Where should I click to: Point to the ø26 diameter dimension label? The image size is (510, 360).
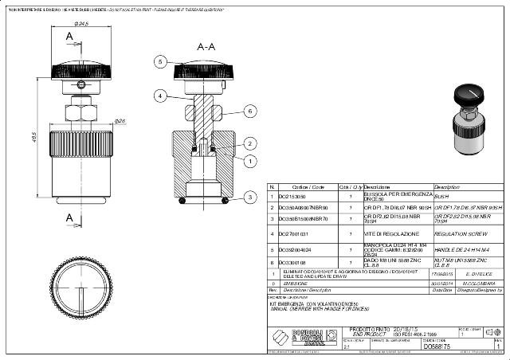click(120, 121)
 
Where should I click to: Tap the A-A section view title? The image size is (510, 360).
click(206, 47)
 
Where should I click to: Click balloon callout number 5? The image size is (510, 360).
click(160, 61)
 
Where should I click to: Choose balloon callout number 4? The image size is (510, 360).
click(160, 95)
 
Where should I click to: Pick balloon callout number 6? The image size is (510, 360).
click(249, 110)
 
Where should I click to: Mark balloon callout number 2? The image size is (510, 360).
click(250, 143)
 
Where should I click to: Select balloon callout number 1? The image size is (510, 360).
click(250, 161)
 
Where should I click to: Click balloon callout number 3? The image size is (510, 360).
click(250, 196)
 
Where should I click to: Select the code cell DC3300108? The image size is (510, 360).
click(291, 261)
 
